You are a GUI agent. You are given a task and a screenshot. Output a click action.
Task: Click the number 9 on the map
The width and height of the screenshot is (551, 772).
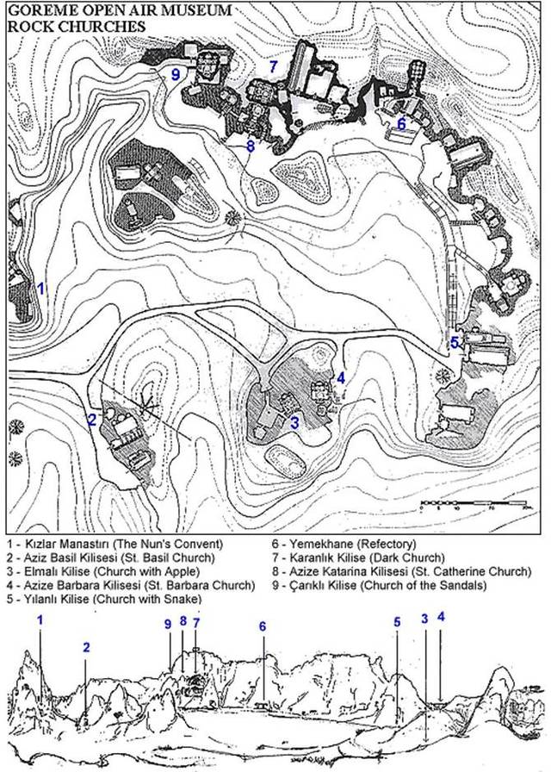point(176,74)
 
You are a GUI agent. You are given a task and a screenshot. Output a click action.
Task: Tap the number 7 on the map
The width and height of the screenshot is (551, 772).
point(274,66)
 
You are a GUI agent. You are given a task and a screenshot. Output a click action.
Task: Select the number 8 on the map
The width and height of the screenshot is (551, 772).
point(251,146)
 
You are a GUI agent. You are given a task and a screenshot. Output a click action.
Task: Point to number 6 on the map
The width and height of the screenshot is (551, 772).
point(401,124)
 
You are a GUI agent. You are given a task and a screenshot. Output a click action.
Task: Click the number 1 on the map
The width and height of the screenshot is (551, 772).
point(42,288)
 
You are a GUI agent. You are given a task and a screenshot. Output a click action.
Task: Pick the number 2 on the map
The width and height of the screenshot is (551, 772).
point(92,420)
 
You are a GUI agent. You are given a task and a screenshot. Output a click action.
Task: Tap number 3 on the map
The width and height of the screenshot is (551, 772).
point(294,422)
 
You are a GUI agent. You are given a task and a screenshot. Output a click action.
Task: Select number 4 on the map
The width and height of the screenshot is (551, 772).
point(341,378)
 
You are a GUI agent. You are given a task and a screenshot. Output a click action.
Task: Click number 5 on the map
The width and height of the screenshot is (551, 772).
point(455,343)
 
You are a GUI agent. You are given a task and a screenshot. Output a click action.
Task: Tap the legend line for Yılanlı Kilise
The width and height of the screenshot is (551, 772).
point(105,599)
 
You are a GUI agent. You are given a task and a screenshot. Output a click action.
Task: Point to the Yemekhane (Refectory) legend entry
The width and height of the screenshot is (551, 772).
point(344,544)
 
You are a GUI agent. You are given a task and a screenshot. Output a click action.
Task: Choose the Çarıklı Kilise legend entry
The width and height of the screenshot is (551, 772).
point(380,585)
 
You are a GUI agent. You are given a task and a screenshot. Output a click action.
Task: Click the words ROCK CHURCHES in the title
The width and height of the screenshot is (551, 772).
point(77,26)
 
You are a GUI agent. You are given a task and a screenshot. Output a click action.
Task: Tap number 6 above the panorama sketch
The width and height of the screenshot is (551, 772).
point(263,626)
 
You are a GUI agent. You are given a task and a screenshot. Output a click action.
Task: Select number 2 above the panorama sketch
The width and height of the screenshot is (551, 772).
point(86,647)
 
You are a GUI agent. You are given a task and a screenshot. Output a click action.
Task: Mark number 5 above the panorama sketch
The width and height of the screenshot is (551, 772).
point(397,622)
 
